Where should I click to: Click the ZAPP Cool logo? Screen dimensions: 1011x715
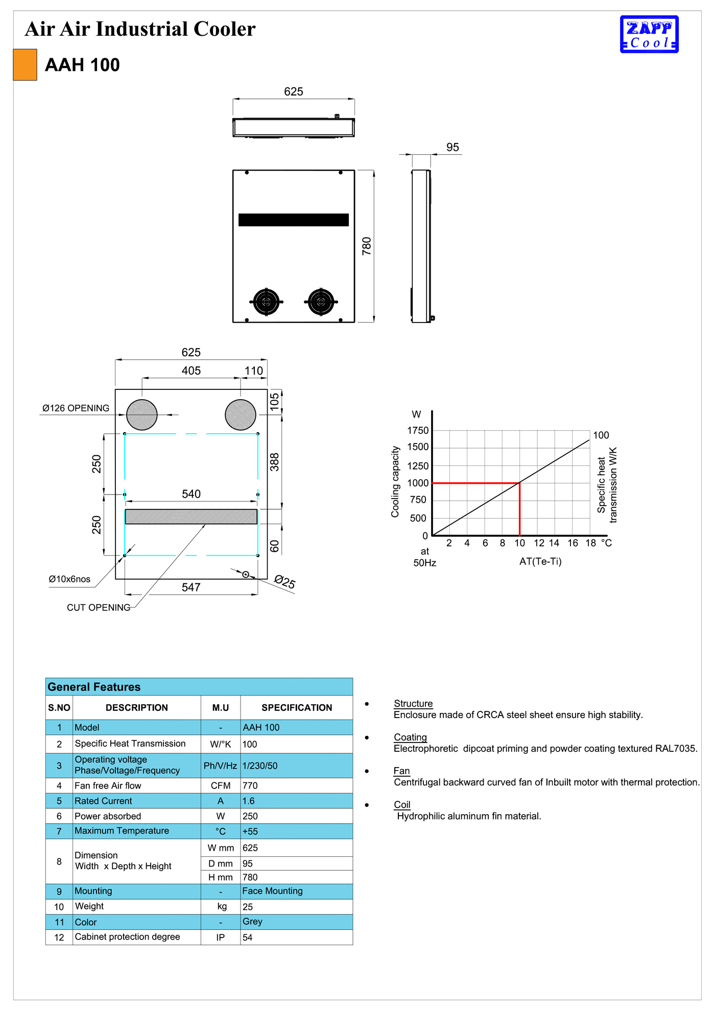click(649, 34)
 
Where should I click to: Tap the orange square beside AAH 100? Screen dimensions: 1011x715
click(25, 65)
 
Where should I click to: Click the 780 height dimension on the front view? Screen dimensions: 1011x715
click(367, 246)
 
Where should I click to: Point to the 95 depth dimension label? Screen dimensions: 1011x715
click(452, 147)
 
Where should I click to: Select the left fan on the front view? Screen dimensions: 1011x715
click(266, 302)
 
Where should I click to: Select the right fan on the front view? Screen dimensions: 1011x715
click(321, 302)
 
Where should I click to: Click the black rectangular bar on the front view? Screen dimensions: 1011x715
click(294, 220)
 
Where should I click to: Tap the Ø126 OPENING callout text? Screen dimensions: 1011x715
click(76, 408)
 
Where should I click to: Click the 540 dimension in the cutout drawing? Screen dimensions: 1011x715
click(192, 494)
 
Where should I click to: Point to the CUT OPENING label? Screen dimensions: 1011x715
click(99, 607)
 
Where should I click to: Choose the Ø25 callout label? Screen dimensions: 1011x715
click(284, 582)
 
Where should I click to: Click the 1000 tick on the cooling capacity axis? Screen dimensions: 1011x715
click(418, 483)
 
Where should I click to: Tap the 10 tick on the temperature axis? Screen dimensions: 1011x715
click(519, 543)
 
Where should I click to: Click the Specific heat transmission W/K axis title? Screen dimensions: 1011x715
click(607, 485)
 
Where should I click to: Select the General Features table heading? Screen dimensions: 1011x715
click(94, 687)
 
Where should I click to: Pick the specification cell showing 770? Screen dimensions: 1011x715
click(250, 785)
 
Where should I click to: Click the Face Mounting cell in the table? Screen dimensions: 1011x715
click(272, 891)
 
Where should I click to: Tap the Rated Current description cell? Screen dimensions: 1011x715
click(103, 801)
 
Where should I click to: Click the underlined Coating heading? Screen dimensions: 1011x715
click(410, 737)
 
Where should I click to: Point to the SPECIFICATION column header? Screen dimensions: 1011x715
click(297, 707)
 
